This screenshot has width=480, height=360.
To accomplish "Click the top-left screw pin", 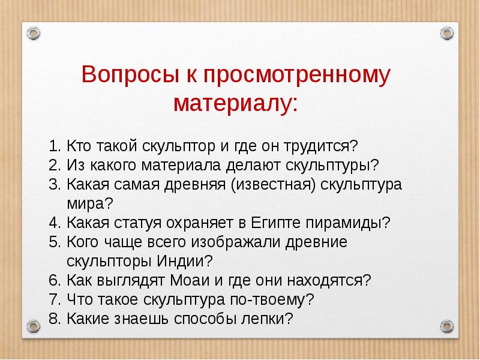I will pyautogui.click(x=34, y=32).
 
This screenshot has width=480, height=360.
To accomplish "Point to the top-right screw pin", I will pyautogui.click(x=446, y=32).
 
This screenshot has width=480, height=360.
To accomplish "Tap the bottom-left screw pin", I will pyautogui.click(x=34, y=326).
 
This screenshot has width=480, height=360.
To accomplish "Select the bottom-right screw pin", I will pyautogui.click(x=446, y=326).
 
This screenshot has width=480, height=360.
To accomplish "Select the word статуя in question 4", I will pyautogui.click(x=136, y=223).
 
